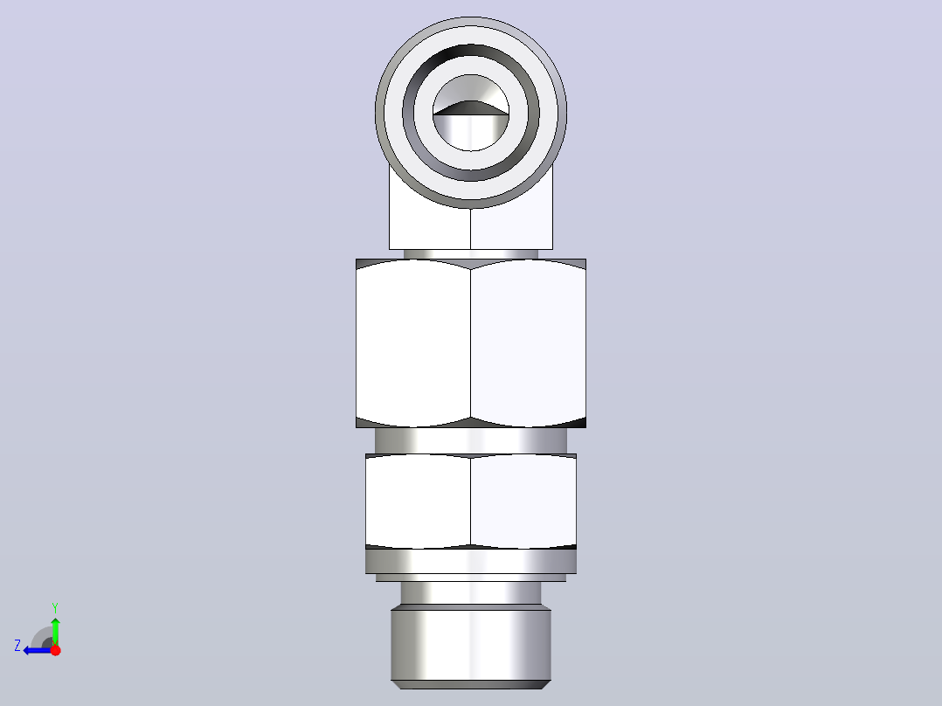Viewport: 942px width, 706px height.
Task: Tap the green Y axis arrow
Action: (55, 631)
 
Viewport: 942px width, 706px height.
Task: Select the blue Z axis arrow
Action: (38, 650)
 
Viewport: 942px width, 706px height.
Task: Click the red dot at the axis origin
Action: (55, 650)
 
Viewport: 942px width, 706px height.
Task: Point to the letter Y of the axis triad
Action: (55, 607)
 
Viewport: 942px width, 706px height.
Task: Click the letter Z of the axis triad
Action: (17, 646)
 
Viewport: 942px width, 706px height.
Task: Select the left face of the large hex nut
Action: (413, 343)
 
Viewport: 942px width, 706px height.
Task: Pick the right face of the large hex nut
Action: (528, 343)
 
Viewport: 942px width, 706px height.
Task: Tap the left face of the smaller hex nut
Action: (418, 502)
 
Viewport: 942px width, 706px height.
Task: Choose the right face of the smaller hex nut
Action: (523, 502)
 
